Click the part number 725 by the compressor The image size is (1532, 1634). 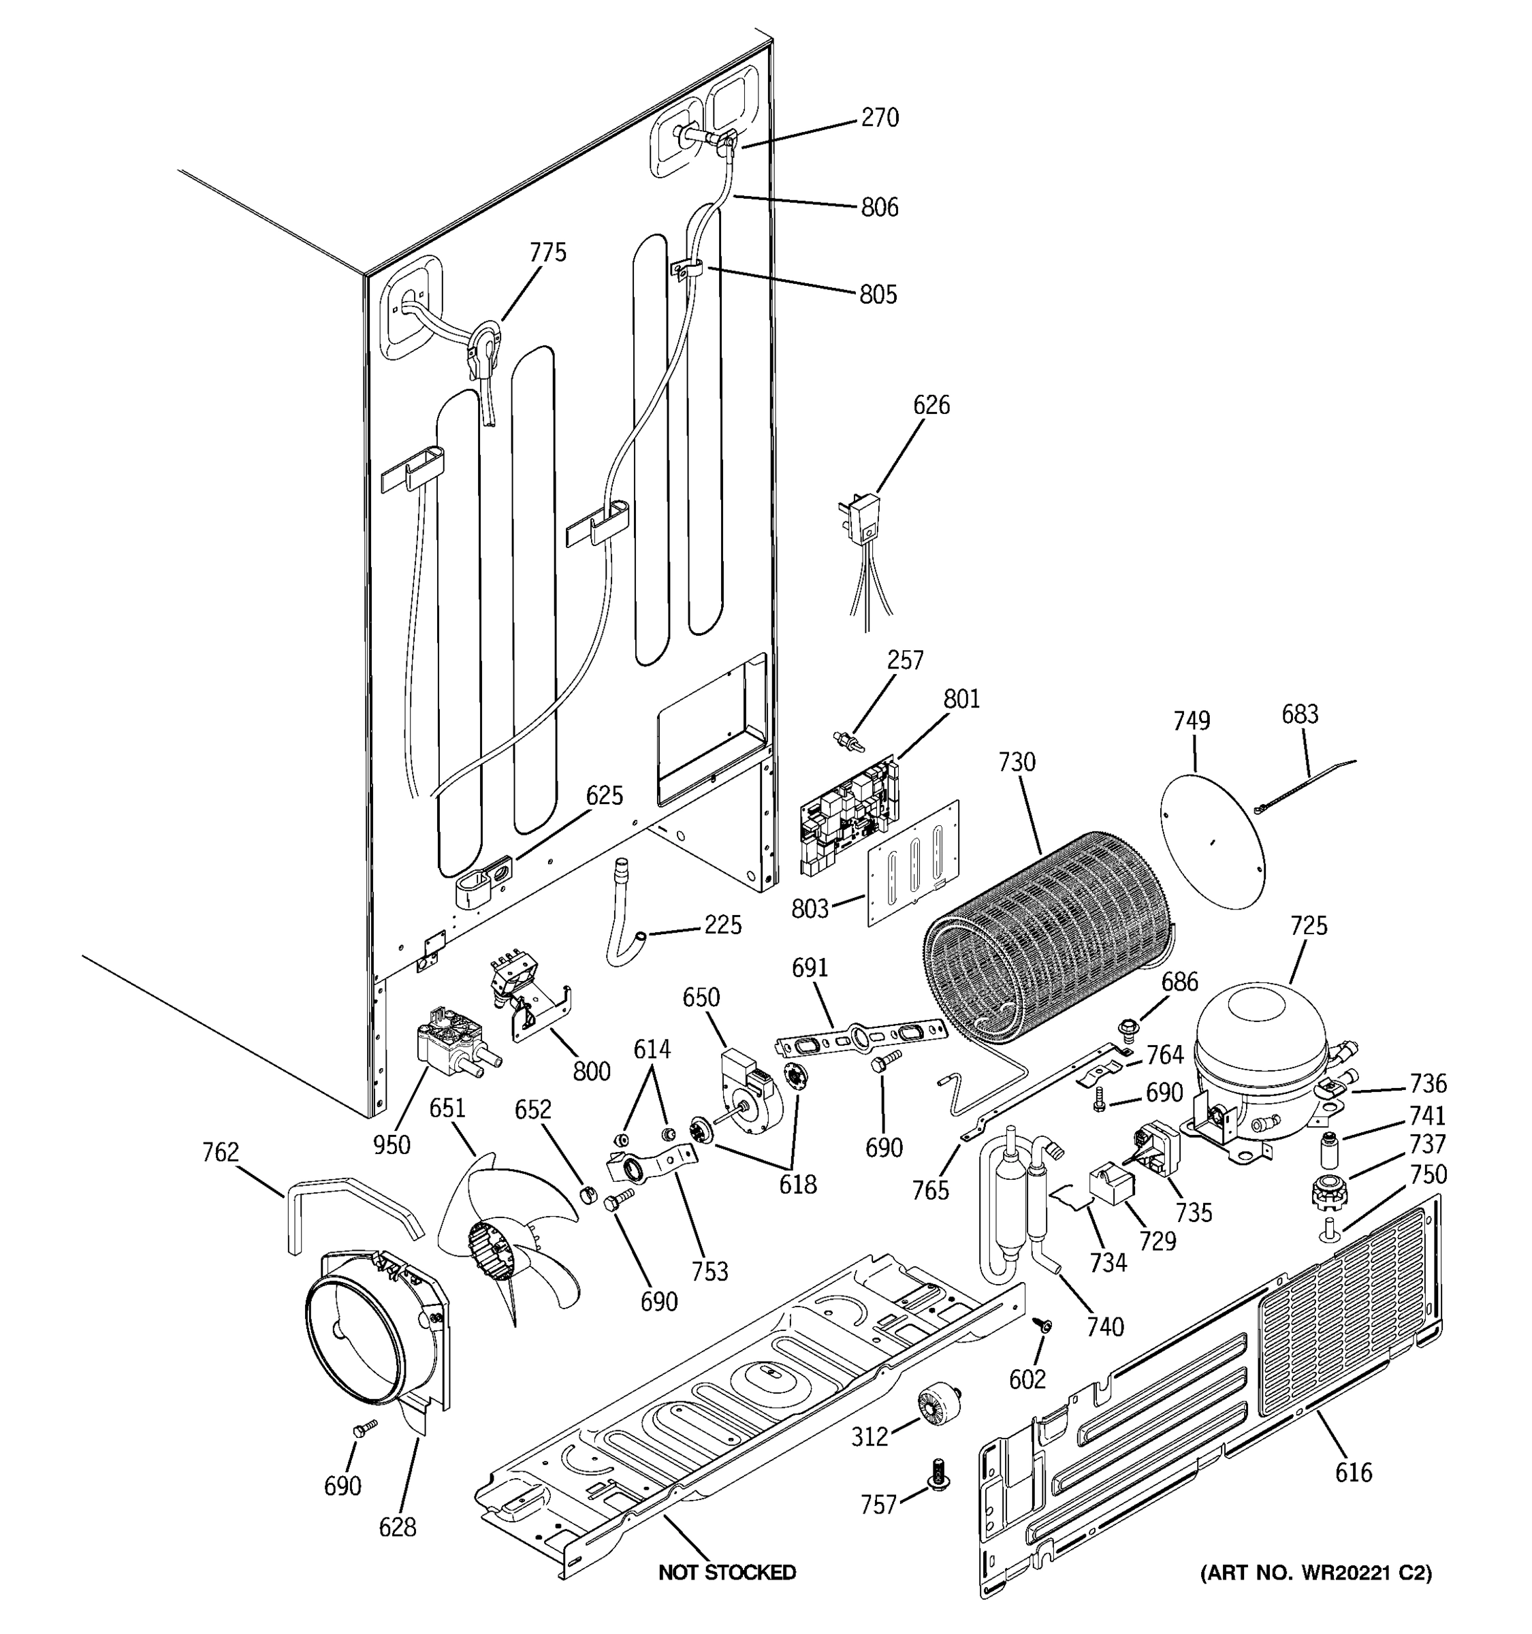click(1309, 927)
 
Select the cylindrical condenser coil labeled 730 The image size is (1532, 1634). click(1044, 937)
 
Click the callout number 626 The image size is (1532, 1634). click(931, 405)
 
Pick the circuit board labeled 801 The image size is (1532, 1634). click(850, 814)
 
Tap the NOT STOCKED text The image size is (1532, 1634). click(727, 1572)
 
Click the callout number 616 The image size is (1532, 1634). click(1353, 1472)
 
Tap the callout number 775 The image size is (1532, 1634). click(547, 253)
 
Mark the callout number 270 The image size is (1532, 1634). click(880, 118)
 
